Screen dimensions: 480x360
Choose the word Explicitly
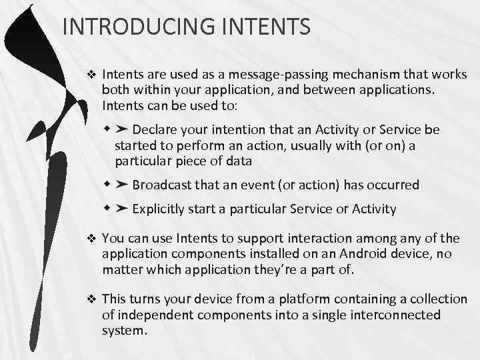click(161, 209)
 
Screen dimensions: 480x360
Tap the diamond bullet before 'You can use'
click(92, 239)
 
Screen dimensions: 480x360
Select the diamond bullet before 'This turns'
click(92, 299)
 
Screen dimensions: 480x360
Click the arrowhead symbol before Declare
click(123, 129)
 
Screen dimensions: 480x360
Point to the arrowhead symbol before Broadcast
click(123, 185)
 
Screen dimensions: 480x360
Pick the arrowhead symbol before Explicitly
click(123, 209)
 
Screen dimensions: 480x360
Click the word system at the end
click(123, 330)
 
